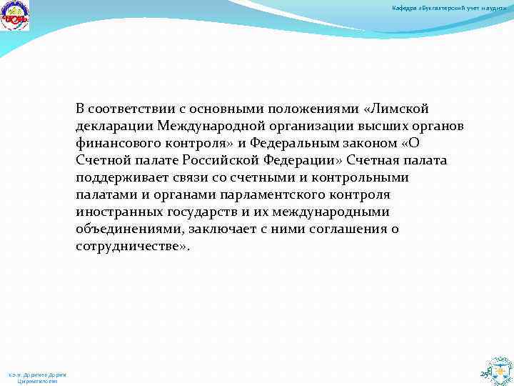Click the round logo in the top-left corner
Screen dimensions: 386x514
pyautogui.click(x=15, y=15)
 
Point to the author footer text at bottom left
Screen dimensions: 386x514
pyautogui.click(x=37, y=377)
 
